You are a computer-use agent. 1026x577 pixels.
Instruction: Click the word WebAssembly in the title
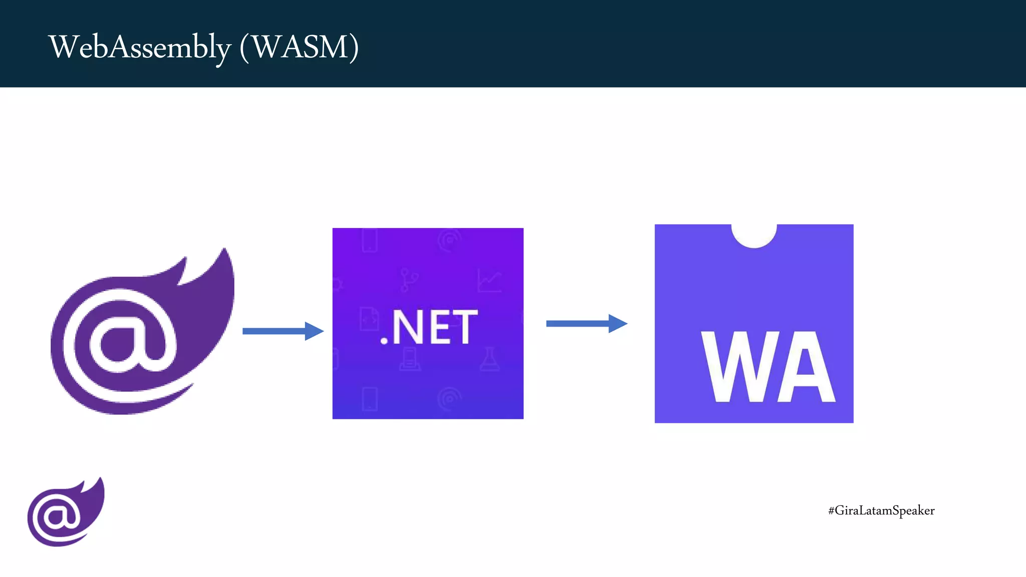click(140, 48)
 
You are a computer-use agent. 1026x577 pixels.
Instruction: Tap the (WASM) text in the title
click(299, 48)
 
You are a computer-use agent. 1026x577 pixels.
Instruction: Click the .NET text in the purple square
click(429, 327)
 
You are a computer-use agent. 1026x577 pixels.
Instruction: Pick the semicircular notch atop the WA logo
click(754, 234)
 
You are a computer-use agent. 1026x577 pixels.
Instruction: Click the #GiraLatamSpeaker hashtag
click(881, 510)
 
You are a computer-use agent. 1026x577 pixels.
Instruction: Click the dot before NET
click(384, 341)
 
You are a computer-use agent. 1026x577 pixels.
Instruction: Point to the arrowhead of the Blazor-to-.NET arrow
click(314, 331)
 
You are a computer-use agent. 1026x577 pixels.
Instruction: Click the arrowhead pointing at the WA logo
click(618, 324)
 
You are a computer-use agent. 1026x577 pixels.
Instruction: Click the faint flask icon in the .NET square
click(489, 359)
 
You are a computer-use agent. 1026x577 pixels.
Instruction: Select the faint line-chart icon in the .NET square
click(489, 280)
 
